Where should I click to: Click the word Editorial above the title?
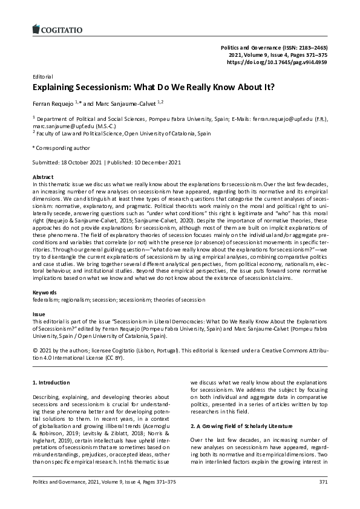coord(42,77)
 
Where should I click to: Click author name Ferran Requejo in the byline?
coord(53,103)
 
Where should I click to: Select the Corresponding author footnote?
coord(62,148)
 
